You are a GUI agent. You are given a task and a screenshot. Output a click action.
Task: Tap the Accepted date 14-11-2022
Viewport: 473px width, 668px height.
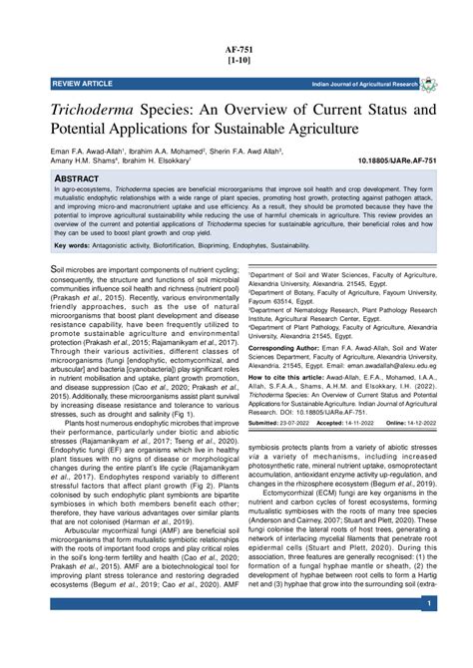pos(373,424)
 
